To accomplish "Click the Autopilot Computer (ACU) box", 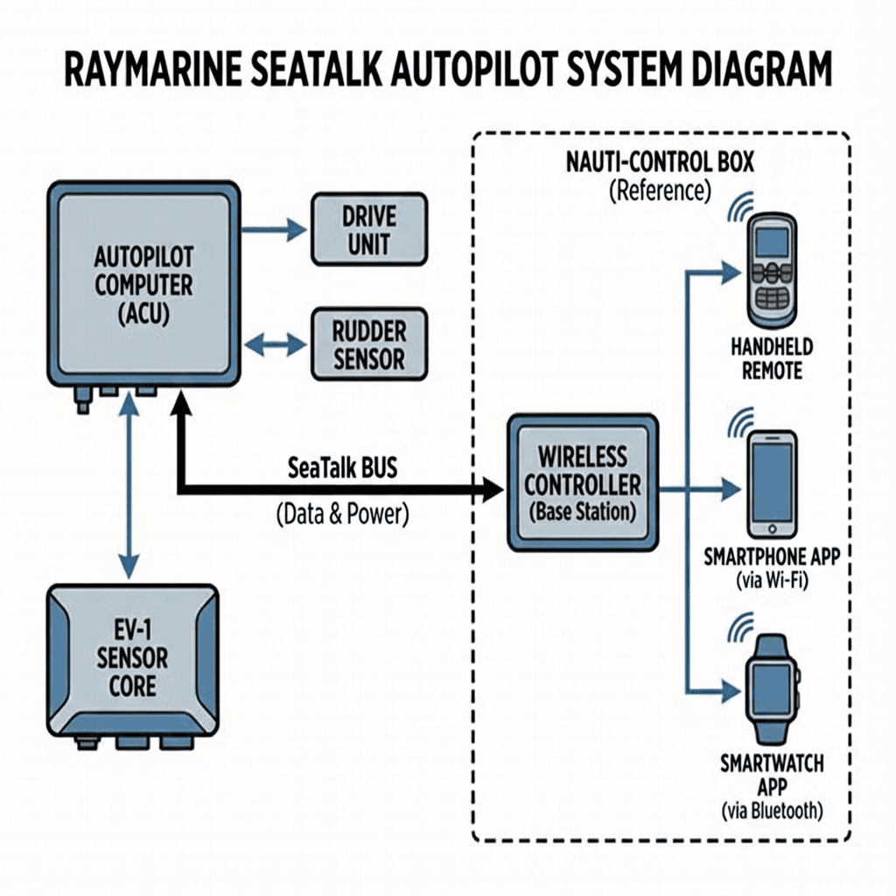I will (x=144, y=284).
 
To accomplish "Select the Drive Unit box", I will (x=369, y=229).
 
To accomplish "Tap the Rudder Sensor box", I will (x=369, y=345).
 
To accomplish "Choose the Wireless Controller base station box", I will (x=583, y=483).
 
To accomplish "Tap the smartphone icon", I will (x=773, y=482).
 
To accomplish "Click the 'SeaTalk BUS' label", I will (x=342, y=468).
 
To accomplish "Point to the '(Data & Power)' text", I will (x=342, y=514).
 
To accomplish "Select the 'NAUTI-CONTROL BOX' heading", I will (x=660, y=162).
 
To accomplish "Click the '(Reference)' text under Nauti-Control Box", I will (x=660, y=190).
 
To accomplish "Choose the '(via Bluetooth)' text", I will (x=773, y=811).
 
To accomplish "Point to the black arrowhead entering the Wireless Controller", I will (x=490, y=491).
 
